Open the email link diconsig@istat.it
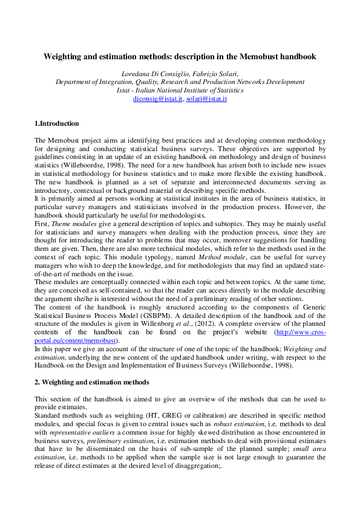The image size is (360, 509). [x=158, y=98]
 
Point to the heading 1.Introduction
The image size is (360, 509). [x=56, y=123]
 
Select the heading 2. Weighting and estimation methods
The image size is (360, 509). [x=91, y=383]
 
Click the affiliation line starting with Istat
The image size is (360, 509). [x=180, y=90]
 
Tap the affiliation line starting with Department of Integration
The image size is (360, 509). [x=180, y=82]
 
